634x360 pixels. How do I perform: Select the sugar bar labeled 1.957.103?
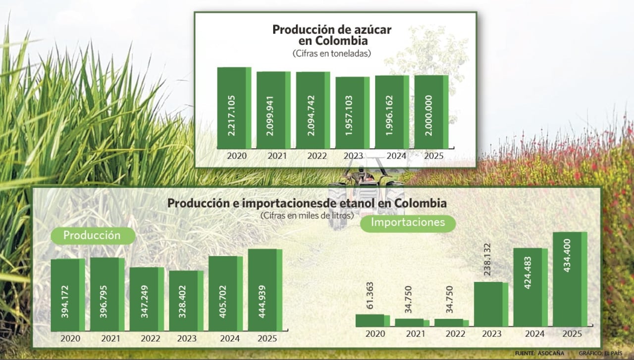[352, 113]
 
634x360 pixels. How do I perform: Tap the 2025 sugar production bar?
[431, 112]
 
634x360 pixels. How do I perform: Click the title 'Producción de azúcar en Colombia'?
[332, 35]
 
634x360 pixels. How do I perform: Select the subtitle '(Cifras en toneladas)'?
[331, 53]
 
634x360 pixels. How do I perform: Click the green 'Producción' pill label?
[93, 236]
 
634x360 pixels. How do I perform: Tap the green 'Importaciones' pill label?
[408, 223]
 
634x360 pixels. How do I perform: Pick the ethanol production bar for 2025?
[265, 290]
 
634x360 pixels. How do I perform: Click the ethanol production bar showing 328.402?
[186, 301]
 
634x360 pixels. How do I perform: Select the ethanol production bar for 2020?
[68, 295]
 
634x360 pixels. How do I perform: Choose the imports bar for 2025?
[570, 279]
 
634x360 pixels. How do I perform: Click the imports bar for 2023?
[491, 304]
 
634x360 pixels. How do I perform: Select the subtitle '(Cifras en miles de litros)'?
[307, 215]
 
